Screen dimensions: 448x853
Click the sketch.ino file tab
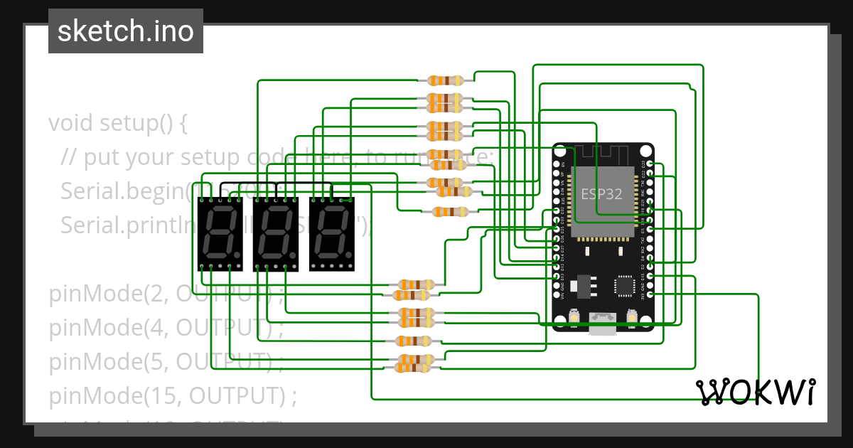126,31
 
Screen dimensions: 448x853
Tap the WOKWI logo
755,392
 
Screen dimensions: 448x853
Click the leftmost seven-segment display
220,234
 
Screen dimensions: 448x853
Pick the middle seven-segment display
276,234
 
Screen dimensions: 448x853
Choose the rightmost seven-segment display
331,234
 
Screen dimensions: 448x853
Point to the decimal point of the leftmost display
236,254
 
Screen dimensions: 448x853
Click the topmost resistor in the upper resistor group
445,81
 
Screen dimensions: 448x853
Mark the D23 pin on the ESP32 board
650,164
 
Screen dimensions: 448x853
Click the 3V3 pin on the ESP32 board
650,294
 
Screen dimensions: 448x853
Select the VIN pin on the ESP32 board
556,294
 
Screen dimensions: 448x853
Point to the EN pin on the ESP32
556,164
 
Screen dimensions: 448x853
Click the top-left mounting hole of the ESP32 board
561,151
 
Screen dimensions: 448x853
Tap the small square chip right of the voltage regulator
625,285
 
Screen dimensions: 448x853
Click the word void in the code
71,123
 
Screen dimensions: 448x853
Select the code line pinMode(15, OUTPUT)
172,395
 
